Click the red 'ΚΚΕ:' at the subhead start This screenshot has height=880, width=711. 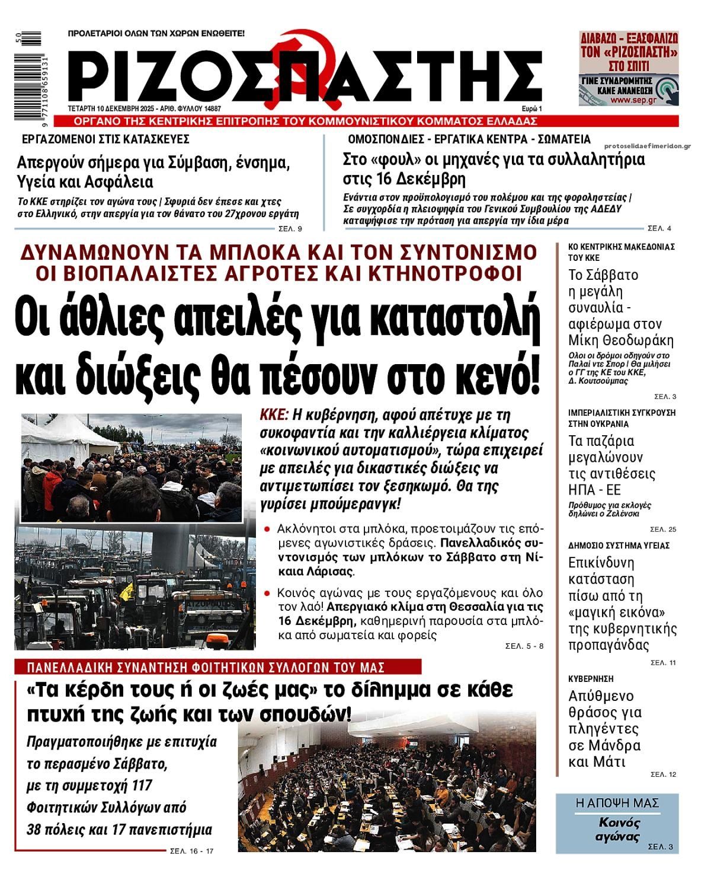274,414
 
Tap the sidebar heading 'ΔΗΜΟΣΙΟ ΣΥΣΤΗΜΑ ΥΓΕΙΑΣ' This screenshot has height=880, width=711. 619,545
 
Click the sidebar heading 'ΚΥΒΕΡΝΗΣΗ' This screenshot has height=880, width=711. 590,678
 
